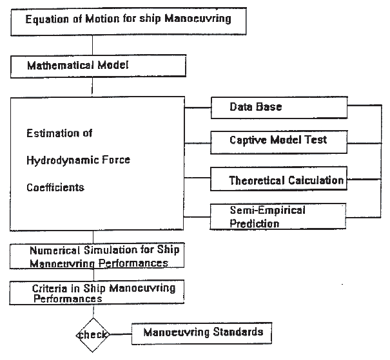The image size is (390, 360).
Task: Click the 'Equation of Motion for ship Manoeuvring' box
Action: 128,19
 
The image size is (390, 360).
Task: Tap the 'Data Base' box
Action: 278,106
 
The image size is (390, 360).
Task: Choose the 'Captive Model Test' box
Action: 278,140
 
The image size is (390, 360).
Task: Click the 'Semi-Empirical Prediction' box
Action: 278,217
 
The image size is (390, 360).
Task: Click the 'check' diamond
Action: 92,334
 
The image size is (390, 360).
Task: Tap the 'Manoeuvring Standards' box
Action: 202,333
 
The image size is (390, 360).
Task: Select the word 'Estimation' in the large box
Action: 50,134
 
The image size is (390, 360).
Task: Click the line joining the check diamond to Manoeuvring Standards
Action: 120,334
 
